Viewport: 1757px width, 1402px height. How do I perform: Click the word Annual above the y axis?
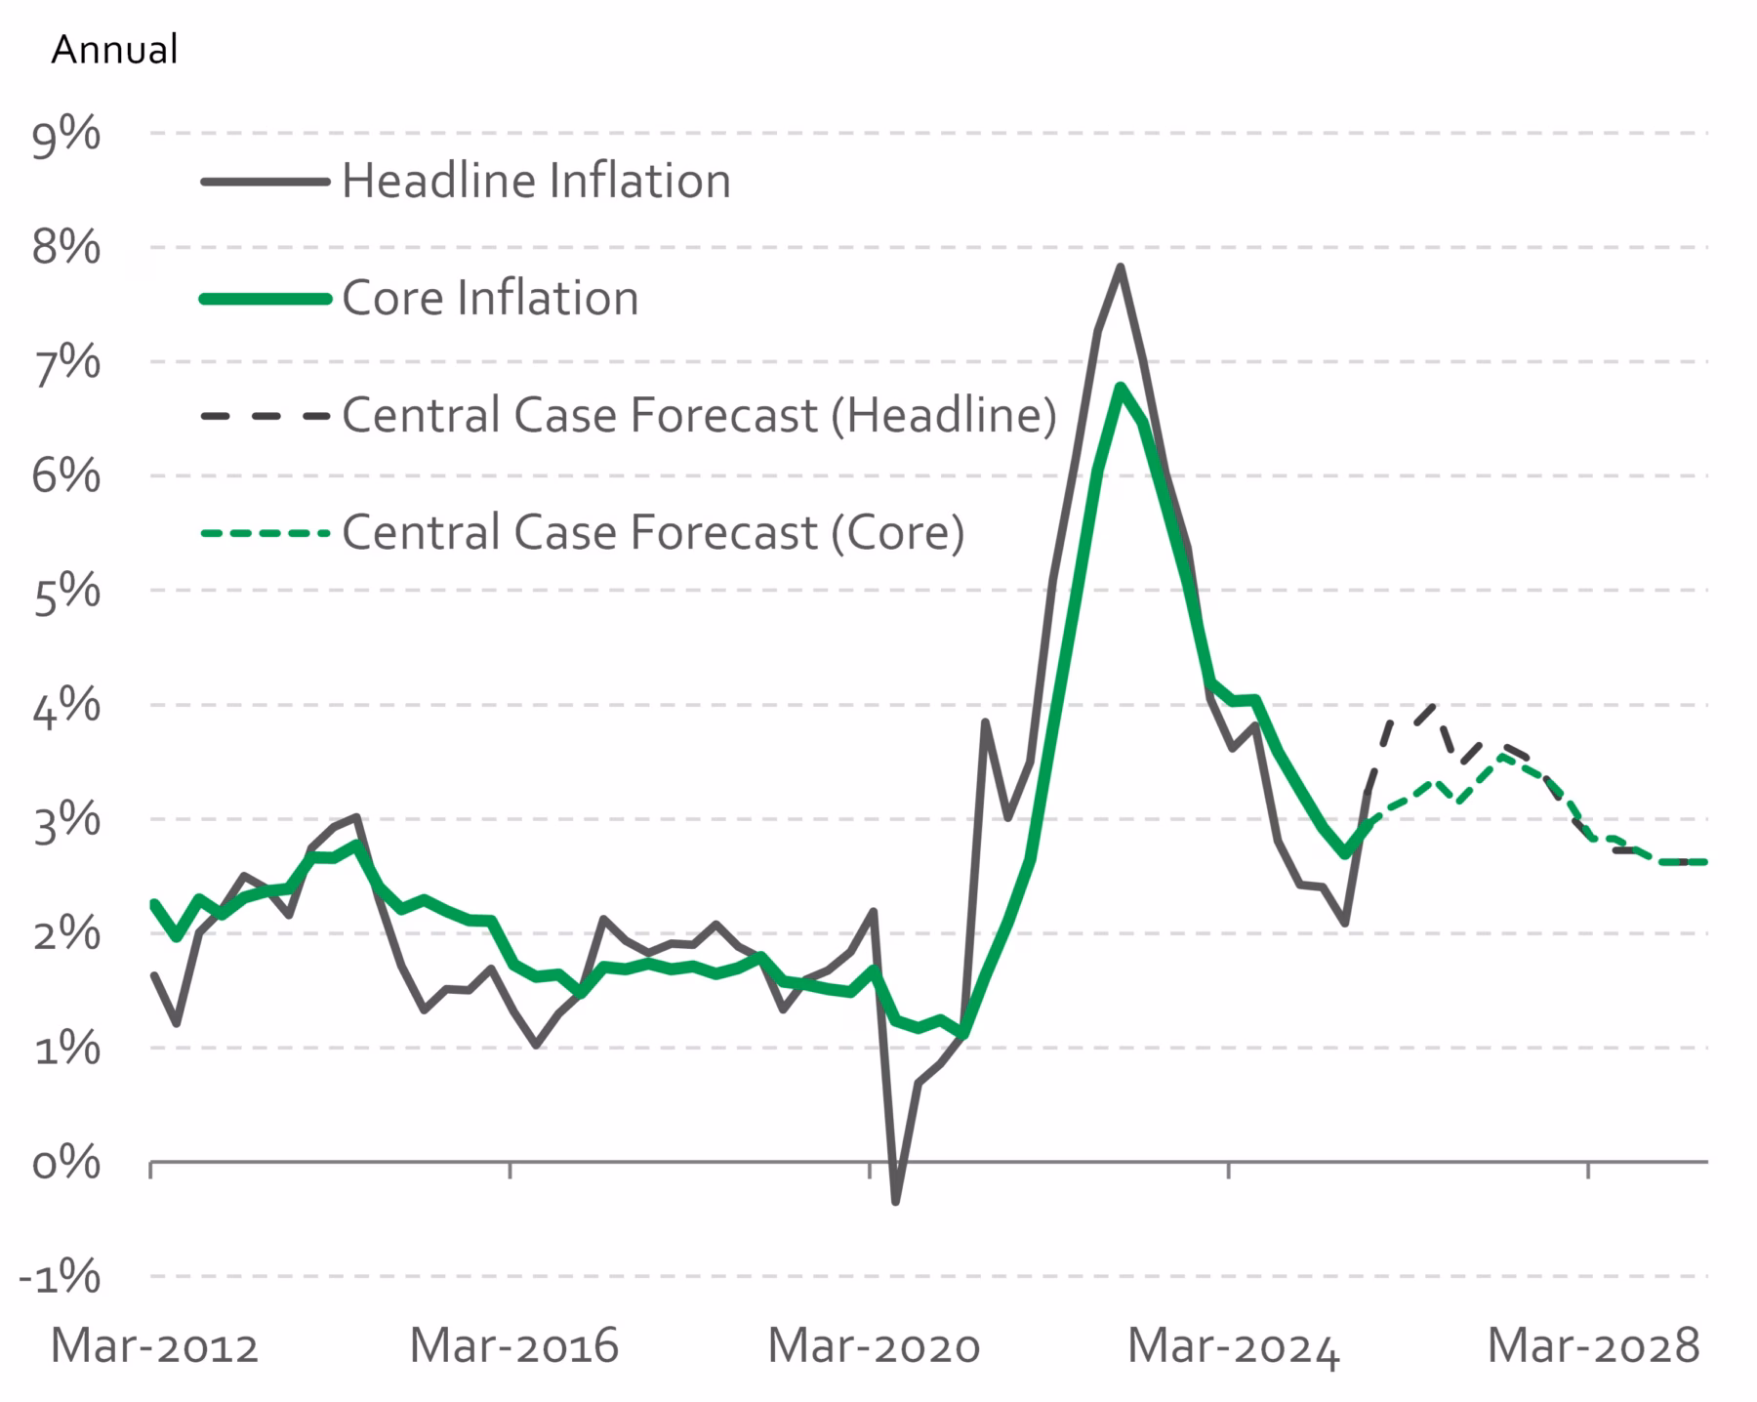click(114, 49)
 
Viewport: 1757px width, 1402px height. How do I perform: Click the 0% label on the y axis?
click(66, 1163)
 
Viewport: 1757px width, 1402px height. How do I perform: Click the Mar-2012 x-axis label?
click(154, 1346)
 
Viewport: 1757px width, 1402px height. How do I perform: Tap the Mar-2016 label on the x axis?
click(513, 1346)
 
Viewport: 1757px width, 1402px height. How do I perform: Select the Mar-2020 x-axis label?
click(874, 1346)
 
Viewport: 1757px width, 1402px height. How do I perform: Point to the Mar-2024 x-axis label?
click(1233, 1346)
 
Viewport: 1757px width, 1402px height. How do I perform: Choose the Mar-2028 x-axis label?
click(1593, 1346)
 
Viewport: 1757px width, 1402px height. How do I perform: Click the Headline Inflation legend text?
click(536, 182)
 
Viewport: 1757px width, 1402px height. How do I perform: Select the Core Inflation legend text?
click(490, 298)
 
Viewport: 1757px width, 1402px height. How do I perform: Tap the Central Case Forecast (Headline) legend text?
click(699, 415)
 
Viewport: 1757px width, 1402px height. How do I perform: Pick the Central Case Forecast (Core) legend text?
click(653, 532)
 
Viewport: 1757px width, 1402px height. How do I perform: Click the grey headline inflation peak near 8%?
click(1121, 267)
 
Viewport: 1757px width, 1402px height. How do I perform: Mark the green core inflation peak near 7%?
click(1121, 387)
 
